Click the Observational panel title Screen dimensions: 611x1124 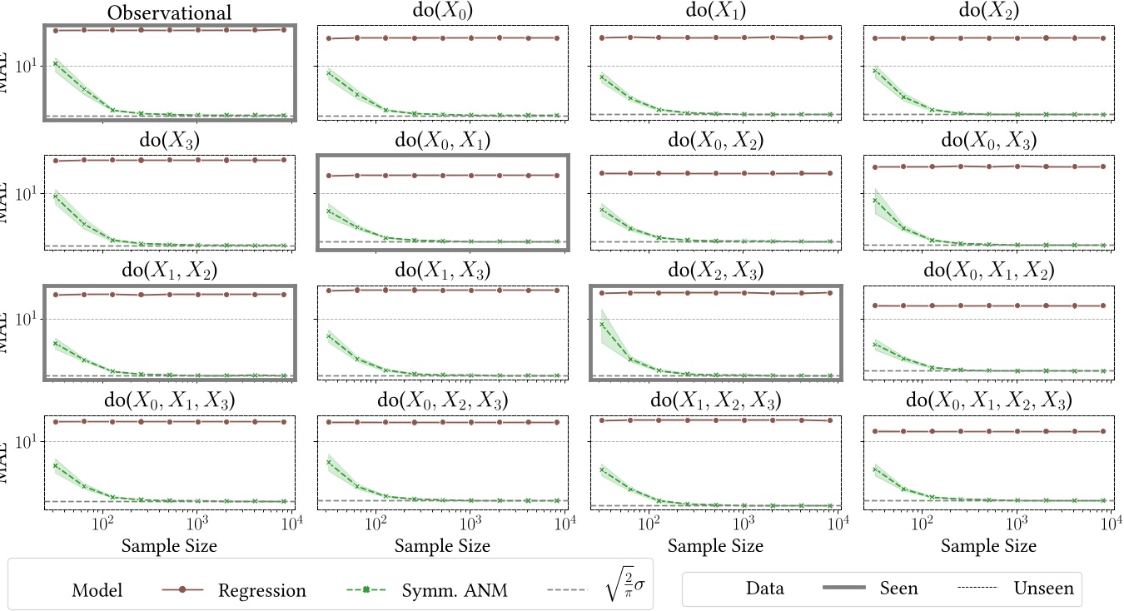click(x=169, y=13)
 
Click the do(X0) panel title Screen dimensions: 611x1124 click(x=442, y=13)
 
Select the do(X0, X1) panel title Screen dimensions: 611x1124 click(x=442, y=141)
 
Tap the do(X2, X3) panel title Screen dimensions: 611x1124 click(x=715, y=271)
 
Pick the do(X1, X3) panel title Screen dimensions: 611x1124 click(x=442, y=271)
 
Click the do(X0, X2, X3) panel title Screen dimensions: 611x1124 click(x=442, y=401)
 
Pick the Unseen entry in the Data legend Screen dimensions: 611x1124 click(x=1043, y=589)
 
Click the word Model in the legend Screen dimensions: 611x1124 click(x=97, y=591)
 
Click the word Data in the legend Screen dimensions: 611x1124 click(x=764, y=589)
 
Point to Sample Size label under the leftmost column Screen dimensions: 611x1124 click(x=169, y=546)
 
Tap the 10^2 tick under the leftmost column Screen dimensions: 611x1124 click(x=102, y=525)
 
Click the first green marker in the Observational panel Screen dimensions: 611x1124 click(x=55, y=63)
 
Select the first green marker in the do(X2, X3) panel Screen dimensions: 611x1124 click(x=602, y=324)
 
